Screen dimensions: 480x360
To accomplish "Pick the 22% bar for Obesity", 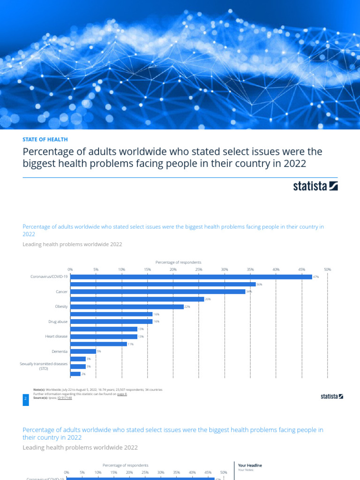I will click(127, 307).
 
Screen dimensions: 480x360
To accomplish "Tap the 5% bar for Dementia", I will click(83, 351).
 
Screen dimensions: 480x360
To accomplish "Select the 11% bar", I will click(98, 344).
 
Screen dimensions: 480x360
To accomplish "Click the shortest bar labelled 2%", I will click(75, 374).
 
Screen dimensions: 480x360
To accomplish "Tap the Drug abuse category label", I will click(58, 322).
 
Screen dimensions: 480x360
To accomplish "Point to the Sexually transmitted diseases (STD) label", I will click(44, 366).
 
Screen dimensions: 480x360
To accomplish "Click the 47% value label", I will click(316, 277).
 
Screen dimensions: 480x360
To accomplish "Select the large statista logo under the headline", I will click(315, 186).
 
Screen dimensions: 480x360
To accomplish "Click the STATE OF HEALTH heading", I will click(45, 139).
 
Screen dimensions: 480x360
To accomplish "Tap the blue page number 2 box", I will click(25, 398).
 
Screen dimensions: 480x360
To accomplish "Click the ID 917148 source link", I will click(64, 398).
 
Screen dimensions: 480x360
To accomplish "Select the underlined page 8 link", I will click(122, 394).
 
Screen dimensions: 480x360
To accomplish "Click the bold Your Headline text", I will click(250, 465).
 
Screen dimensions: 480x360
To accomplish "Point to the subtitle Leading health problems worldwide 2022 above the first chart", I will click(72, 244).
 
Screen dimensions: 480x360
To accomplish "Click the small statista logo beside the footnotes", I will click(332, 397).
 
